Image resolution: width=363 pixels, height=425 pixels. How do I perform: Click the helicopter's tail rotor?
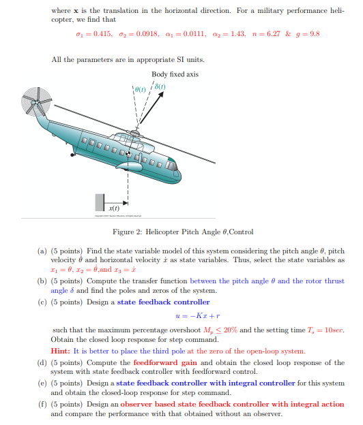point(36,101)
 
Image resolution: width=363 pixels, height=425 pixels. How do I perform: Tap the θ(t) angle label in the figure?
point(140,89)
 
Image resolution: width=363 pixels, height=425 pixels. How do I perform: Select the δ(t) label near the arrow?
point(160,86)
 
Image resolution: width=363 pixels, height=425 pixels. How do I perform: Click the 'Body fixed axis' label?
point(175,74)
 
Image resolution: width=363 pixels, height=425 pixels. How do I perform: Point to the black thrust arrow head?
point(161,94)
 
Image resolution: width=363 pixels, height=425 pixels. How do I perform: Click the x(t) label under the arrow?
point(114,208)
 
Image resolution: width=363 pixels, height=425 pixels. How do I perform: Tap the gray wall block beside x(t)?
point(100,202)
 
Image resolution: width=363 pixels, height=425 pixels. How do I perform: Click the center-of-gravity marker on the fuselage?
point(128,154)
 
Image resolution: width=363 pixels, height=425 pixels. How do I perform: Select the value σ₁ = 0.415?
point(94,34)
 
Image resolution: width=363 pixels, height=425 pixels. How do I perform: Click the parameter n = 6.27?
point(266,34)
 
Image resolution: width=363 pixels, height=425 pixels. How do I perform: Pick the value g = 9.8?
point(308,34)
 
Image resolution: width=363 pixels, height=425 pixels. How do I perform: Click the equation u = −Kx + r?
point(198,316)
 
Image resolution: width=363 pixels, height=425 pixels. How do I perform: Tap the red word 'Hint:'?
point(60,351)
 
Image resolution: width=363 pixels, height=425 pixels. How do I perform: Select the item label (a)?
point(42,251)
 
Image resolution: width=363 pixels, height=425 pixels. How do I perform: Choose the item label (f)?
point(42,404)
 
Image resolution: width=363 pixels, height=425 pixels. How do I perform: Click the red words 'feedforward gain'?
point(165,362)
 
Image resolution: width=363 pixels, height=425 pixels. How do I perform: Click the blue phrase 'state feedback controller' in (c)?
point(164,302)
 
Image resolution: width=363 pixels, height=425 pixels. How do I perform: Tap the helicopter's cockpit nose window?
point(171,165)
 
